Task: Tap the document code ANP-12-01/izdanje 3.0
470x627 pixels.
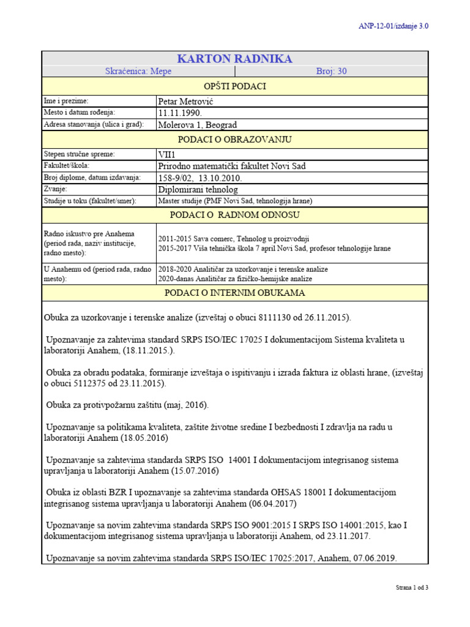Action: pyautogui.click(x=393, y=26)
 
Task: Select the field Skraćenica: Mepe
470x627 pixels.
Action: pyautogui.click(x=138, y=72)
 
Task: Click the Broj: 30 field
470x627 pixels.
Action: pyautogui.click(x=331, y=72)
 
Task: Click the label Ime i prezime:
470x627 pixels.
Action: pyautogui.click(x=67, y=100)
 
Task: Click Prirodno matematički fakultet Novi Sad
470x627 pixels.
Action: pyautogui.click(x=232, y=166)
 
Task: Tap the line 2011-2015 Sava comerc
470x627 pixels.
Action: pyautogui.click(x=234, y=239)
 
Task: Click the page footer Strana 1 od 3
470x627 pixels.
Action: pyautogui.click(x=412, y=588)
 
